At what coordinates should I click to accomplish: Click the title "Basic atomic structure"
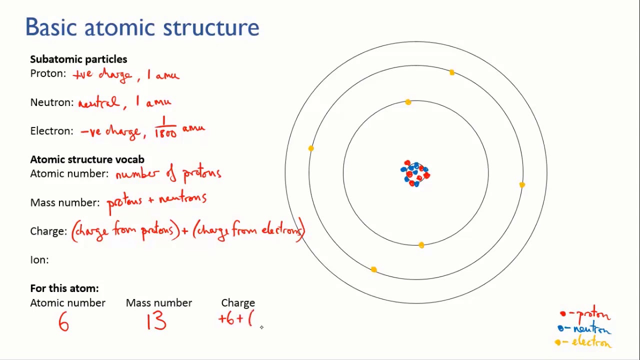(142, 27)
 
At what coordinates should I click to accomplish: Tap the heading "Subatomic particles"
(78, 59)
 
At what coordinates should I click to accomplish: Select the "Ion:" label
(39, 259)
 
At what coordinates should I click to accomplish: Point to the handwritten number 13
(156, 322)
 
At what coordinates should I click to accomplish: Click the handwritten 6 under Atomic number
(63, 323)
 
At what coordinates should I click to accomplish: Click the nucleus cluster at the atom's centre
(415, 173)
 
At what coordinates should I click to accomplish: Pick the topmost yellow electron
(452, 73)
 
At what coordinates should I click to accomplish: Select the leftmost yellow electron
(311, 148)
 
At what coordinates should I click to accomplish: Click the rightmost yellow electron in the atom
(522, 185)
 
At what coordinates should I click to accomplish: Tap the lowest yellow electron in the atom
(374, 270)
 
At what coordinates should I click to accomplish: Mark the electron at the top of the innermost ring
(408, 102)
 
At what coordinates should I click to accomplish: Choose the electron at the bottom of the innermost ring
(421, 245)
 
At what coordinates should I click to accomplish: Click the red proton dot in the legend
(563, 314)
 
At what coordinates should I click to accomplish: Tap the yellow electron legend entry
(583, 342)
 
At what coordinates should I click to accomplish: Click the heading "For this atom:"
(64, 288)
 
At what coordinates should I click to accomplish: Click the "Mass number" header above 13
(158, 302)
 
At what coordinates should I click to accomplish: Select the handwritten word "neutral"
(98, 102)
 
